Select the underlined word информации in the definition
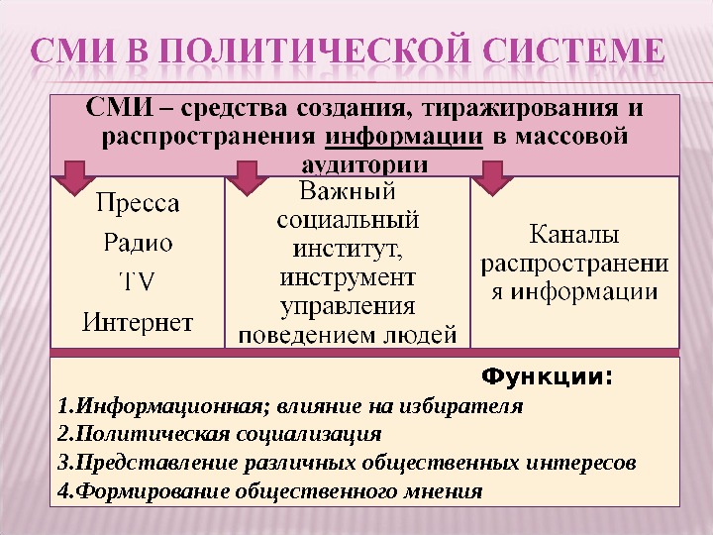[403, 136]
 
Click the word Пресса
[139, 205]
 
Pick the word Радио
[139, 243]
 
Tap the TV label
[138, 281]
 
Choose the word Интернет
[139, 321]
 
